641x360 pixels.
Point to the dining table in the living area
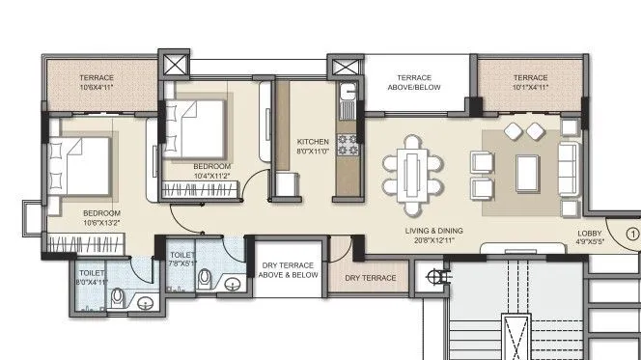[413, 175]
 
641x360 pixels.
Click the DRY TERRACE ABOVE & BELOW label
[288, 270]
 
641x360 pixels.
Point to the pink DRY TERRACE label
[371, 278]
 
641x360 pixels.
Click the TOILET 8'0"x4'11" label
[94, 278]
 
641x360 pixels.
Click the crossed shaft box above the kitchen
[344, 68]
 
